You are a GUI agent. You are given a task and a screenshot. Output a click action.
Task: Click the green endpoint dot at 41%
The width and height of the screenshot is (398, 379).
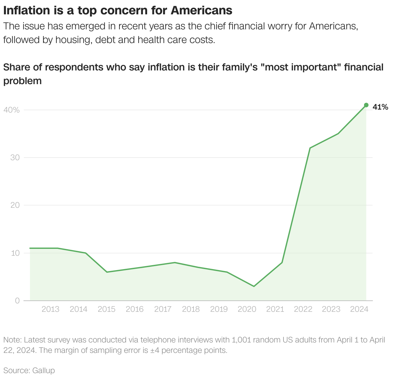(366, 105)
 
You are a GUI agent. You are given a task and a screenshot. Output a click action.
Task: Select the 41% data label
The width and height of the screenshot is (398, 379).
(380, 107)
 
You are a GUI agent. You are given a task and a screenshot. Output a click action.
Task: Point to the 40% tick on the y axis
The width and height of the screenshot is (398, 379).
(11, 110)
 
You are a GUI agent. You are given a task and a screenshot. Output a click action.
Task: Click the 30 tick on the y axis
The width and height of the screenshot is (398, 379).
(15, 158)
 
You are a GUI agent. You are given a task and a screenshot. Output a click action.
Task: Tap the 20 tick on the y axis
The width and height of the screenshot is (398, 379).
(15, 205)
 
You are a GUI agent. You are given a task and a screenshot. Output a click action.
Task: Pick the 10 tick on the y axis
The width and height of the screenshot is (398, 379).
(15, 253)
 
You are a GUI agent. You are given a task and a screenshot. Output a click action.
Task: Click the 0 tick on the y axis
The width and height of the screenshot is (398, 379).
(17, 300)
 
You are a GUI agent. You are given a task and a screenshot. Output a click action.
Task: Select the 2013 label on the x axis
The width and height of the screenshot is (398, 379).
(51, 309)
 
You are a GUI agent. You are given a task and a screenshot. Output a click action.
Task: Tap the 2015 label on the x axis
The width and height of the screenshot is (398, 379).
(107, 309)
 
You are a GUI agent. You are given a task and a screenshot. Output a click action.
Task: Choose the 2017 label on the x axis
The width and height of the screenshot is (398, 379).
(163, 309)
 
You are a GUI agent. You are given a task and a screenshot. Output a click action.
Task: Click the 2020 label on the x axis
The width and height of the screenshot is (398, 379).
(247, 309)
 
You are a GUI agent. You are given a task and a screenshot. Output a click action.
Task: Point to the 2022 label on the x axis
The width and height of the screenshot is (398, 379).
(303, 309)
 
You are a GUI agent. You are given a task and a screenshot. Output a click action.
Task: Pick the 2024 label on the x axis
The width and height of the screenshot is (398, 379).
(359, 309)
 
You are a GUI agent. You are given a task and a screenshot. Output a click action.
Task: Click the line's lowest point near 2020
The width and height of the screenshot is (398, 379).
(254, 286)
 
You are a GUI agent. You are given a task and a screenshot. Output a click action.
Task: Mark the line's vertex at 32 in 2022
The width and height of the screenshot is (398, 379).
(310, 148)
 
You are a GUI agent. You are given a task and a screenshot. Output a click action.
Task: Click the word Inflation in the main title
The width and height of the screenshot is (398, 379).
(26, 10)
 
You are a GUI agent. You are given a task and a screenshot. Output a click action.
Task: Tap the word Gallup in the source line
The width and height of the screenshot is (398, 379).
(43, 371)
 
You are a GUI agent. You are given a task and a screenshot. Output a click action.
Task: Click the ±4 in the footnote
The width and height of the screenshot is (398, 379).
(155, 351)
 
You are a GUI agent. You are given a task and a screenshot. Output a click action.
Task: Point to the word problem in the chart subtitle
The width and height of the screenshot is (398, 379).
(23, 81)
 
